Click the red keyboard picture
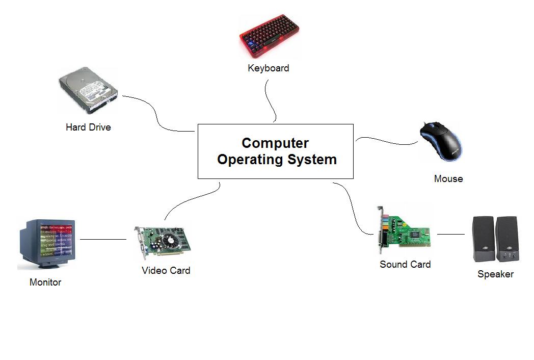coord(269,36)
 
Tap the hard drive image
coord(88,92)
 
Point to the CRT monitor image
coord(47,242)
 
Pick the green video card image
coord(162,243)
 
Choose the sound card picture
coord(405,232)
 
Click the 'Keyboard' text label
coord(269,68)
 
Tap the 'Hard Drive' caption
coord(88,127)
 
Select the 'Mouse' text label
coord(448,179)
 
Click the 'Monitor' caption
coord(45,282)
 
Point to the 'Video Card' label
coord(166,271)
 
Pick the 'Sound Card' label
coord(405,265)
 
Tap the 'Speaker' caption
coord(495,274)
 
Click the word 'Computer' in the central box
coord(275,143)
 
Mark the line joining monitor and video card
coord(103,239)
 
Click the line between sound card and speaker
coord(451,234)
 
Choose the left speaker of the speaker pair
coord(483,238)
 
